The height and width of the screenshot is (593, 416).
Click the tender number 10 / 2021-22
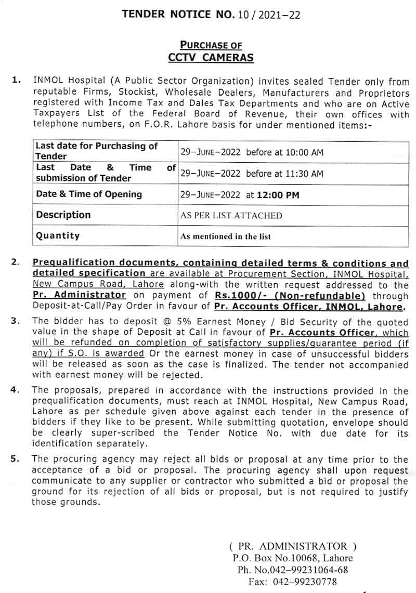[269, 15]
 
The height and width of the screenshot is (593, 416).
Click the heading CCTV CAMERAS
[211, 57]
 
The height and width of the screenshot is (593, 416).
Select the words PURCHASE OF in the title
[211, 45]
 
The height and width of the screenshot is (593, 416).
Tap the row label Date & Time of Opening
[89, 194]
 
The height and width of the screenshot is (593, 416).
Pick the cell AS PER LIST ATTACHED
[231, 215]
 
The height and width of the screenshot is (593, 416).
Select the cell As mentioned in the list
[225, 236]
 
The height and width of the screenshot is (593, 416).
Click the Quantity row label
[58, 235]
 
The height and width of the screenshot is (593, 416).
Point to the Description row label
[63, 215]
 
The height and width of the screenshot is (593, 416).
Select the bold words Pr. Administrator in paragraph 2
[79, 296]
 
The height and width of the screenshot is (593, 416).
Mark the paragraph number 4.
[15, 390]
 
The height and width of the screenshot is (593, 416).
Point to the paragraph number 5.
[15, 459]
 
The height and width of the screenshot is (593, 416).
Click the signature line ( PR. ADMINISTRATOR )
[293, 546]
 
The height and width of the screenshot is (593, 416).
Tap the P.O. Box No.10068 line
[292, 558]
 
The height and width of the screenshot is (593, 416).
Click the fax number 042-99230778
[306, 582]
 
